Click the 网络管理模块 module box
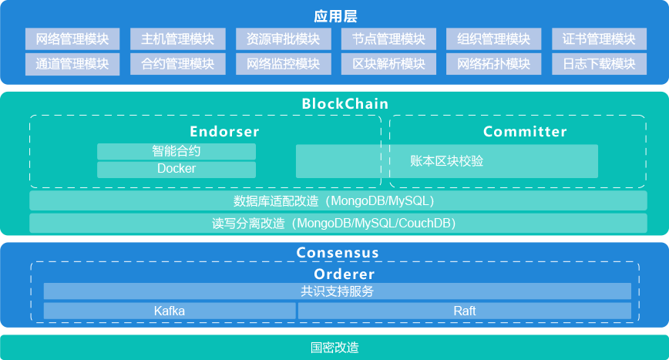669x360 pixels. (72, 39)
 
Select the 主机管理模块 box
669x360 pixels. (177, 39)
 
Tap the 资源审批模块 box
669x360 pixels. (283, 39)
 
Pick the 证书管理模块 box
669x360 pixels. (599, 39)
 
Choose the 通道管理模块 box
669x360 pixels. (72, 63)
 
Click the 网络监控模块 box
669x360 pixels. (283, 63)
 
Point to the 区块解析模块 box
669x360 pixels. (388, 63)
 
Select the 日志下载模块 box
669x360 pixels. (599, 63)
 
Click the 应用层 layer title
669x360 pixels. (335, 15)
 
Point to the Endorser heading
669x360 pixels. (224, 132)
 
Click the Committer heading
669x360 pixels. (525, 132)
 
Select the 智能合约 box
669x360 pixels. (176, 151)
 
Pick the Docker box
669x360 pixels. (176, 169)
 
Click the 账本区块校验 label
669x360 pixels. (446, 161)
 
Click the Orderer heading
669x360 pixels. (344, 274)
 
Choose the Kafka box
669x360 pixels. (170, 311)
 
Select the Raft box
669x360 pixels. (464, 311)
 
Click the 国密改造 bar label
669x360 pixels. (334, 348)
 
